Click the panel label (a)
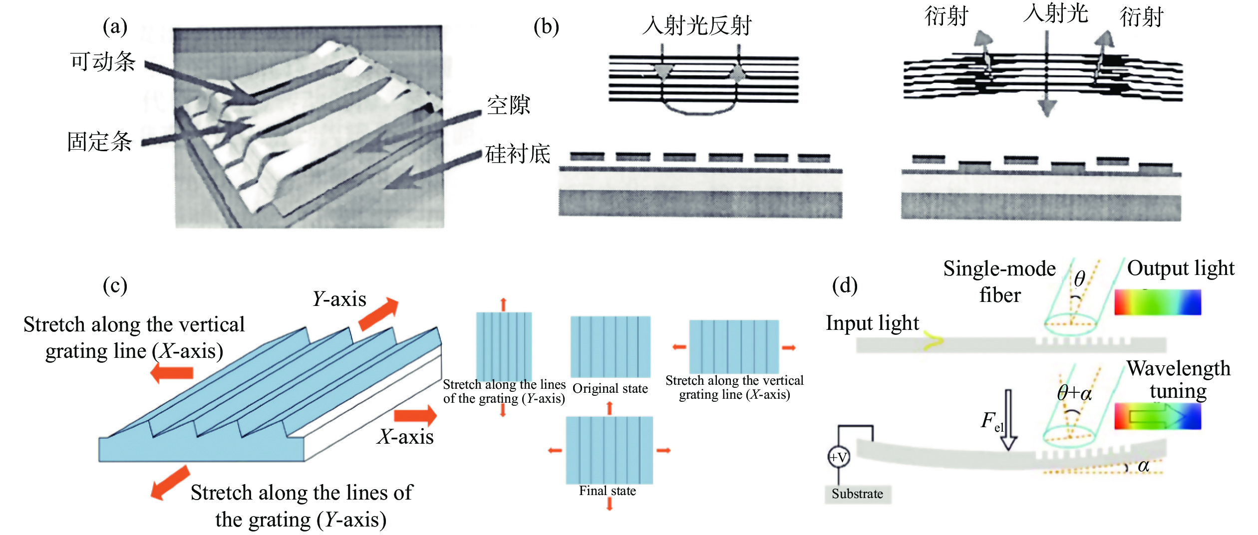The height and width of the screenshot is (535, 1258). point(115,27)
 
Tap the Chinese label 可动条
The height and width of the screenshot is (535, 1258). point(103,62)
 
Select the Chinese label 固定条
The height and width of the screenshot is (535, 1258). point(100,142)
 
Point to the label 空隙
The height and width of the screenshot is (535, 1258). point(508,105)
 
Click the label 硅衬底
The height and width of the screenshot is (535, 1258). point(518,154)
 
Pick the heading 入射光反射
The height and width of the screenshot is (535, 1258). point(697,25)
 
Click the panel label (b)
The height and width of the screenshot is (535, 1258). point(546,27)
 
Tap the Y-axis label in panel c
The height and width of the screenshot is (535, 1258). point(339,299)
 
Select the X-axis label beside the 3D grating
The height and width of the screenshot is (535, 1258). point(405,437)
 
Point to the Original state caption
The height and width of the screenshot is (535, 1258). point(610,388)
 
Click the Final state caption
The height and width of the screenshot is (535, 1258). point(608,491)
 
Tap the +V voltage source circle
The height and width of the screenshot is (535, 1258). point(838,457)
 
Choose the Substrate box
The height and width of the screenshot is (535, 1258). point(857,494)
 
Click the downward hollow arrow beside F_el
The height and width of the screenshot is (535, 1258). point(1008,420)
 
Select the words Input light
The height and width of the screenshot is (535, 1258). point(872,323)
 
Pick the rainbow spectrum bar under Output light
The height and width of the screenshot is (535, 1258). point(1157,302)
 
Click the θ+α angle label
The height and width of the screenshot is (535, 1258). point(1074,393)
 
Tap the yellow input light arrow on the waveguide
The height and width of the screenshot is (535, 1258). point(933,341)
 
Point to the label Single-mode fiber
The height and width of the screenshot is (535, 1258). point(999,282)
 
